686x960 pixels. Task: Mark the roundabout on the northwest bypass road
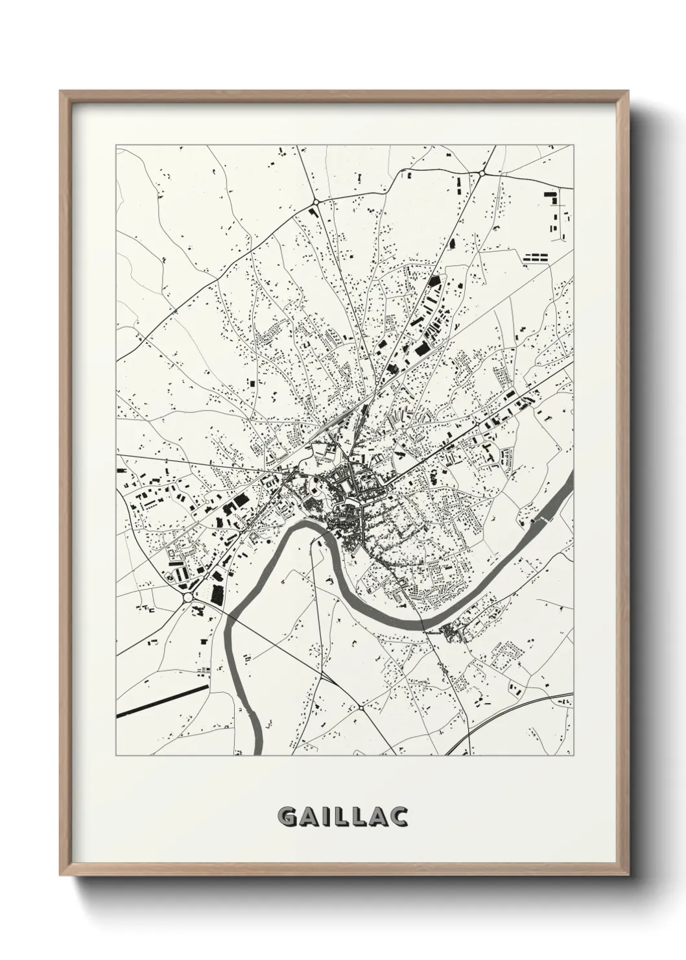(x=316, y=202)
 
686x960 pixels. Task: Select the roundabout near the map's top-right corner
(x=483, y=173)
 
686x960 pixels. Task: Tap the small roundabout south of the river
(x=360, y=708)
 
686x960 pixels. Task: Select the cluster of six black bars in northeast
(x=536, y=258)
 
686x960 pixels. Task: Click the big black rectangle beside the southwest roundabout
(x=216, y=595)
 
